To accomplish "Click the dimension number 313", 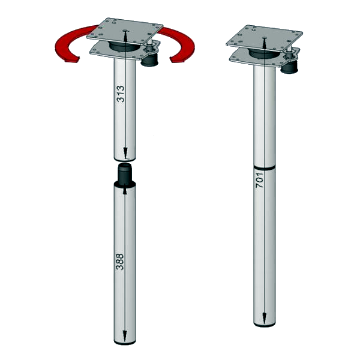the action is click(x=121, y=94).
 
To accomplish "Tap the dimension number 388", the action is click(x=120, y=262).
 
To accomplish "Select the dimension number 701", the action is click(x=259, y=180).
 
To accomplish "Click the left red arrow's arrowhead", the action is click(x=71, y=59).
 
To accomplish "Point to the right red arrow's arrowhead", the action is click(x=177, y=59).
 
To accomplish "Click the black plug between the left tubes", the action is click(x=125, y=173).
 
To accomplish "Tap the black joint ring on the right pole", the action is click(x=265, y=168).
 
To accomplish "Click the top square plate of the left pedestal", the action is click(x=125, y=31).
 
